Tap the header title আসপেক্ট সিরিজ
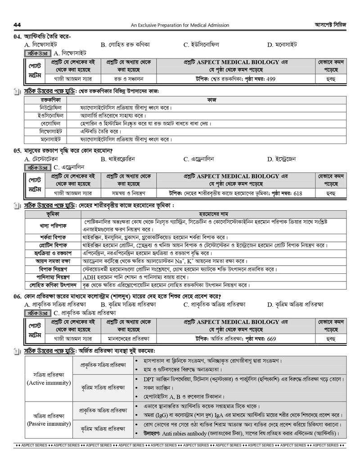click(330, 25)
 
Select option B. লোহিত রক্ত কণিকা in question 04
click(125, 45)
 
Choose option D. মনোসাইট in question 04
click(282, 45)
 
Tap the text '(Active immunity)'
click(49, 383)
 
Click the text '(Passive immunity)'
click(49, 424)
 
